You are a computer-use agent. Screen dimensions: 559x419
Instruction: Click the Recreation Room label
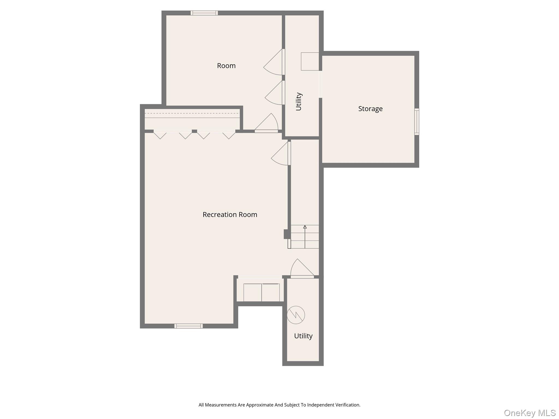(x=230, y=215)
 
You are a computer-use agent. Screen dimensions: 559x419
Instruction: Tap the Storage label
(x=370, y=109)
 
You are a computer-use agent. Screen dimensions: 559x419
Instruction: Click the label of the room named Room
(x=226, y=66)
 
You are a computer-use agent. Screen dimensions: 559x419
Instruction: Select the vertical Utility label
(x=299, y=101)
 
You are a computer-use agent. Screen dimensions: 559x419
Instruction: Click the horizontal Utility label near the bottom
(x=303, y=336)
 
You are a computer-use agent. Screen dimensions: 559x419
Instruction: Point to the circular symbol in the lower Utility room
(x=296, y=315)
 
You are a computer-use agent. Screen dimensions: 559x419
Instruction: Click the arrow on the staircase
(x=305, y=237)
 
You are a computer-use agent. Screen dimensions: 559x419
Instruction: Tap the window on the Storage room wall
(x=417, y=122)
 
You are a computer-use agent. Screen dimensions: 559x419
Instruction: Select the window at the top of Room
(x=204, y=13)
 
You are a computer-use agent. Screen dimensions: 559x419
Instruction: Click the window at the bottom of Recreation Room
(x=189, y=326)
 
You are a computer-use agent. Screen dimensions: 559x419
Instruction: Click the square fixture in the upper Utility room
(x=310, y=61)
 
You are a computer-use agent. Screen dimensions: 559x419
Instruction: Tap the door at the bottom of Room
(x=266, y=123)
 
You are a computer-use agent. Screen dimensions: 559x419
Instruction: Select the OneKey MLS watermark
(x=530, y=413)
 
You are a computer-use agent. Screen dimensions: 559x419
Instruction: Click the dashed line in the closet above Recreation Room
(x=192, y=113)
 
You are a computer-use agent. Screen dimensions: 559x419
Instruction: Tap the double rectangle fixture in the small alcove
(x=261, y=292)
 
